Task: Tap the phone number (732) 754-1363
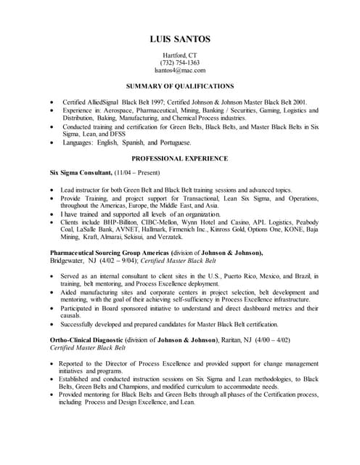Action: (179, 62)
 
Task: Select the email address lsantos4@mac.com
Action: (179, 70)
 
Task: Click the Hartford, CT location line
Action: (179, 54)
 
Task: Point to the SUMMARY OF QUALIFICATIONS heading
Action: (179, 86)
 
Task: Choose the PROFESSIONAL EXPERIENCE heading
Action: (179, 158)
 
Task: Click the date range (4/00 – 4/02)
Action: (288, 339)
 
